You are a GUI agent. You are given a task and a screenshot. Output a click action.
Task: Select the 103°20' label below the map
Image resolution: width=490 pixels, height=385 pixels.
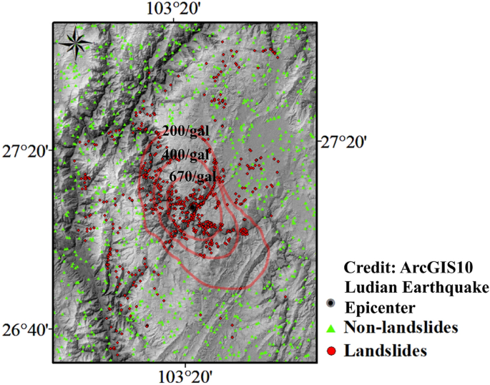[185, 375]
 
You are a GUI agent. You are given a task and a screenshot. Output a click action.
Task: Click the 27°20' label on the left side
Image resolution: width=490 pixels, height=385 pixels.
[25, 152]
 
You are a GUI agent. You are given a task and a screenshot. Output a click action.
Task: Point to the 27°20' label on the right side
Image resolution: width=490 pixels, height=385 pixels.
[343, 142]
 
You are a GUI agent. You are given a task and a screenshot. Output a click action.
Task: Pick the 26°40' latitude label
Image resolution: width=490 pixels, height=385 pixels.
[25, 331]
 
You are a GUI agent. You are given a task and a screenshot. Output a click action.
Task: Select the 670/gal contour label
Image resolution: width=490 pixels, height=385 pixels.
[193, 176]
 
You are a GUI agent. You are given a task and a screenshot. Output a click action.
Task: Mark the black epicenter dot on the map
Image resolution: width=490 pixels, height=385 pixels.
[192, 207]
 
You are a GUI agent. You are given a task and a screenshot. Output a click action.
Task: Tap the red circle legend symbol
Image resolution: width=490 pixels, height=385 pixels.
[330, 350]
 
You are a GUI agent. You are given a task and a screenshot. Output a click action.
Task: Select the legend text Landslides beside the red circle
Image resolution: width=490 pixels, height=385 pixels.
[386, 351]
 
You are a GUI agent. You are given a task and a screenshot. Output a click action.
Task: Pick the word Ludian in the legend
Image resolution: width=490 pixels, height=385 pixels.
[369, 287]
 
